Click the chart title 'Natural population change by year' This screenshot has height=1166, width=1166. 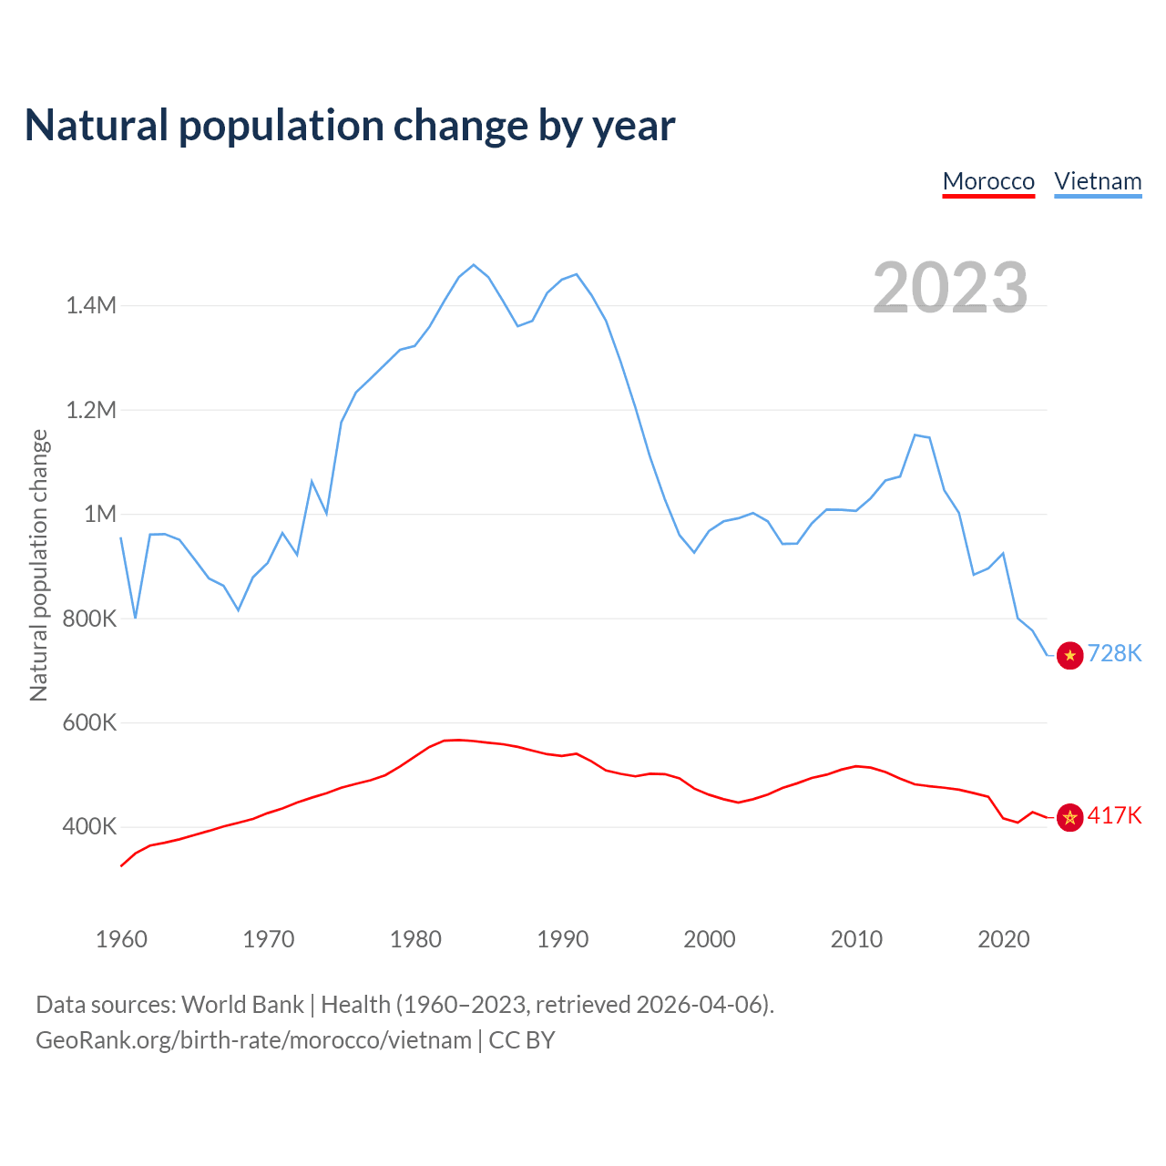point(350,126)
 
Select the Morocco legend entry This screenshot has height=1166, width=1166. point(988,181)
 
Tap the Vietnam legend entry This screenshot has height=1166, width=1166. point(1098,181)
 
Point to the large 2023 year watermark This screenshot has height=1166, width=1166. point(950,288)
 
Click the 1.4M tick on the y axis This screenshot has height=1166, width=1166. point(91,305)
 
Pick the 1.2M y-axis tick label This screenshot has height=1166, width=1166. point(91,410)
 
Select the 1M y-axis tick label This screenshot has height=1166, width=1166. point(100,514)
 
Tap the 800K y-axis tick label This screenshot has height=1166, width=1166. point(89,619)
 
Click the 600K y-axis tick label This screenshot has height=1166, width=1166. point(89,723)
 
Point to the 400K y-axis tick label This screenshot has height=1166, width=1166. point(89,827)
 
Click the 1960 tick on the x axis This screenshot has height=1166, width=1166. point(121,939)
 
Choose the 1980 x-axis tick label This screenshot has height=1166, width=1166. point(415,939)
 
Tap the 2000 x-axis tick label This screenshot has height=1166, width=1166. point(710,939)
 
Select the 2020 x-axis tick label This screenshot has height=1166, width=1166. point(1003,939)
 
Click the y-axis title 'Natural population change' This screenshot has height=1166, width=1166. point(39,566)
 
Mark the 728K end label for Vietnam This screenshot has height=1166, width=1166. point(1114,654)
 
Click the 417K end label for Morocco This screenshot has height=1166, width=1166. point(1114,815)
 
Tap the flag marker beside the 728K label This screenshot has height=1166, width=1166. point(1070,655)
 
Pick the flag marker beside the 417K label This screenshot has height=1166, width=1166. point(1070,817)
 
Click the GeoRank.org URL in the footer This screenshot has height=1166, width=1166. point(254,1040)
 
